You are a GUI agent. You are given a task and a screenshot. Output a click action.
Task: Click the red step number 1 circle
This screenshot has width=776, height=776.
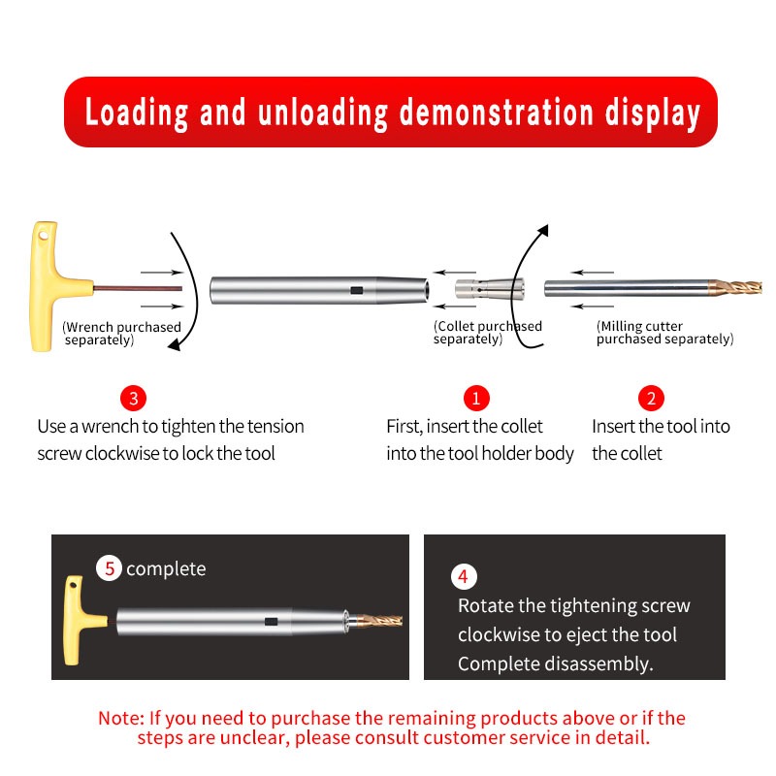[x=476, y=398]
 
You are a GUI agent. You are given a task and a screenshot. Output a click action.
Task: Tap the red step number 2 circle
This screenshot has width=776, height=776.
[x=651, y=398]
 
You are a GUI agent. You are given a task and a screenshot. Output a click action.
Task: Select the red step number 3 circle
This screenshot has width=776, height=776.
[x=133, y=398]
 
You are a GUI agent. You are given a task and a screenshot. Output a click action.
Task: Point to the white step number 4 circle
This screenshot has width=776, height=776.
[x=464, y=576]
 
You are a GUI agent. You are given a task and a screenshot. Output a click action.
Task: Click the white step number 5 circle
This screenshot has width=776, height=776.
[x=109, y=568]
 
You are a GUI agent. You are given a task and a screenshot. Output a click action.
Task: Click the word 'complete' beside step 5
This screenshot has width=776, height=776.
[x=166, y=569]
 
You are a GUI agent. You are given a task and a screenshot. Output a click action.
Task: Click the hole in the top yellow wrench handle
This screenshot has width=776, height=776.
[x=44, y=235]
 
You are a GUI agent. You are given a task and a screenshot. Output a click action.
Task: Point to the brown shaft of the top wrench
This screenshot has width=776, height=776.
[x=138, y=288]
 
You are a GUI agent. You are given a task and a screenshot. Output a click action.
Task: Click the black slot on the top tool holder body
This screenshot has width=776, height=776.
[x=356, y=290]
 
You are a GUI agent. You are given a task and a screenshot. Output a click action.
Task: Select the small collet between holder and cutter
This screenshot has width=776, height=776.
[x=489, y=289]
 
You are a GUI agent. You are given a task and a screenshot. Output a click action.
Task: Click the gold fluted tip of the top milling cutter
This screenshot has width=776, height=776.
[x=735, y=287]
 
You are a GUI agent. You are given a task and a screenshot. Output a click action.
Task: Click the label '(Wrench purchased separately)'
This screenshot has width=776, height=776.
[x=121, y=333]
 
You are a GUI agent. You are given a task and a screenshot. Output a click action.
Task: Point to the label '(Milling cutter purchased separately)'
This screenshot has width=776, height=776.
[x=664, y=332]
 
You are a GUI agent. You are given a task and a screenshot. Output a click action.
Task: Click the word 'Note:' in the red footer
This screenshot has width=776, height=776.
[x=121, y=718]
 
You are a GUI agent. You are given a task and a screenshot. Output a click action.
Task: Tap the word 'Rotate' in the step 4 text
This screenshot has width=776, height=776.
[x=484, y=605]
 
